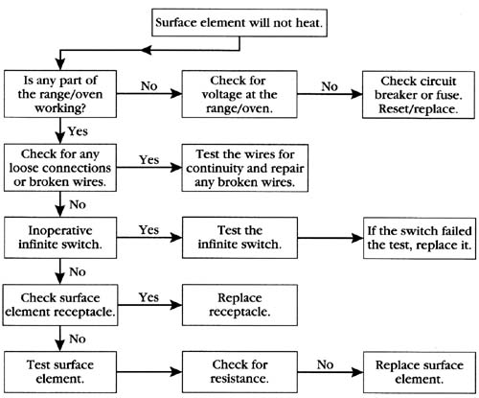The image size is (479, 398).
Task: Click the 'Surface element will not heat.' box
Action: click(239, 23)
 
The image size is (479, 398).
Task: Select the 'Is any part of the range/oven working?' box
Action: click(60, 94)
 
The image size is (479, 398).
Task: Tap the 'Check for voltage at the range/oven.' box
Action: click(239, 94)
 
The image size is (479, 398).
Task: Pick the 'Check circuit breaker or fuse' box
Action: click(419, 95)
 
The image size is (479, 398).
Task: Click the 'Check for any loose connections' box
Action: click(60, 168)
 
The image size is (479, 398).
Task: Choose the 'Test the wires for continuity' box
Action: click(245, 168)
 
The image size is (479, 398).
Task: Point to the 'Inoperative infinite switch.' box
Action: click(60, 238)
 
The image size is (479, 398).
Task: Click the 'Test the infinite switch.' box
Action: click(239, 238)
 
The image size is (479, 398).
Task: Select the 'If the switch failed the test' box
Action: click(420, 238)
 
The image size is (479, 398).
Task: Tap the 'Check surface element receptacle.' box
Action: click(60, 305)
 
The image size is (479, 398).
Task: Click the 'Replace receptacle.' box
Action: click(239, 305)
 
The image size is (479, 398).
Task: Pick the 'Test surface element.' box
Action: click(60, 372)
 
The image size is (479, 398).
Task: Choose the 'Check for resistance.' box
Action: click(239, 372)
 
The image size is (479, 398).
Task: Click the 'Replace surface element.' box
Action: click(420, 373)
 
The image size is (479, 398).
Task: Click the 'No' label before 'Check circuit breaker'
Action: click(330, 86)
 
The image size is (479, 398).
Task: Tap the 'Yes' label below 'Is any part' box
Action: click(78, 131)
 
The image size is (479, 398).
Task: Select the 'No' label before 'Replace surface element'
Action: click(325, 364)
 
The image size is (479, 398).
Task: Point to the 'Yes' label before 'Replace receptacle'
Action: click(148, 297)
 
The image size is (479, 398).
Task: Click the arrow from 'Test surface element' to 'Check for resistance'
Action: click(149, 372)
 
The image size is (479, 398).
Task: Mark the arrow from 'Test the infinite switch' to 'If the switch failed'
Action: click(331, 238)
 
